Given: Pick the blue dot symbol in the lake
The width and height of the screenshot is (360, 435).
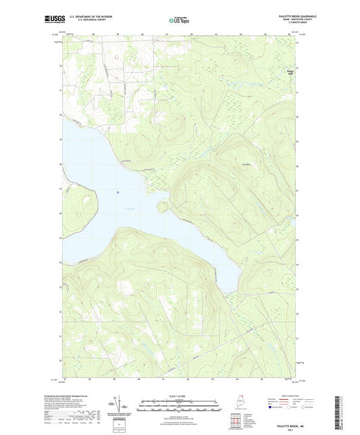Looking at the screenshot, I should (118, 192).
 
